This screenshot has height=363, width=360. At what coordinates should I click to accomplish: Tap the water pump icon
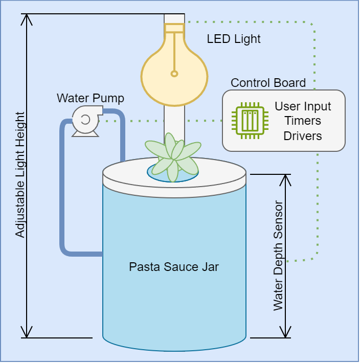(85, 121)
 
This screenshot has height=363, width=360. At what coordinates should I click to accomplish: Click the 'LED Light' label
(234, 39)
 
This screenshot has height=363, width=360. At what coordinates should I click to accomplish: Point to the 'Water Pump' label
(91, 98)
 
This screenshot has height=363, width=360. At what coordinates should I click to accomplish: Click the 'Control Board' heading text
(268, 83)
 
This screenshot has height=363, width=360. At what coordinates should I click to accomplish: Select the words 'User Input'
(303, 107)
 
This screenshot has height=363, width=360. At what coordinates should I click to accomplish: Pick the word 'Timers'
(303, 121)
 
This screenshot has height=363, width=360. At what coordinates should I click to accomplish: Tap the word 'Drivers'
(303, 135)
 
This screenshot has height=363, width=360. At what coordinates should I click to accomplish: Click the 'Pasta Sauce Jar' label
(174, 267)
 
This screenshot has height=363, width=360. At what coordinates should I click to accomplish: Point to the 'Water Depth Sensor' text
(278, 256)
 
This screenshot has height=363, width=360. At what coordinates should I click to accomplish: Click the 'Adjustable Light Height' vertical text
(20, 175)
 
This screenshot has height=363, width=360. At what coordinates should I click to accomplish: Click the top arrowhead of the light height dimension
(27, 19)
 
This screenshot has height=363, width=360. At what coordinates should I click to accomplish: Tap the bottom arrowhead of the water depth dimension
(285, 332)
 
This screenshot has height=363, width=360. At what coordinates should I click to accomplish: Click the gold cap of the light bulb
(174, 29)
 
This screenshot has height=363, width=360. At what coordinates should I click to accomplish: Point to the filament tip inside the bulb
(174, 73)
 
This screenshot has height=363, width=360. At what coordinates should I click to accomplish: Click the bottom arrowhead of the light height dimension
(27, 332)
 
